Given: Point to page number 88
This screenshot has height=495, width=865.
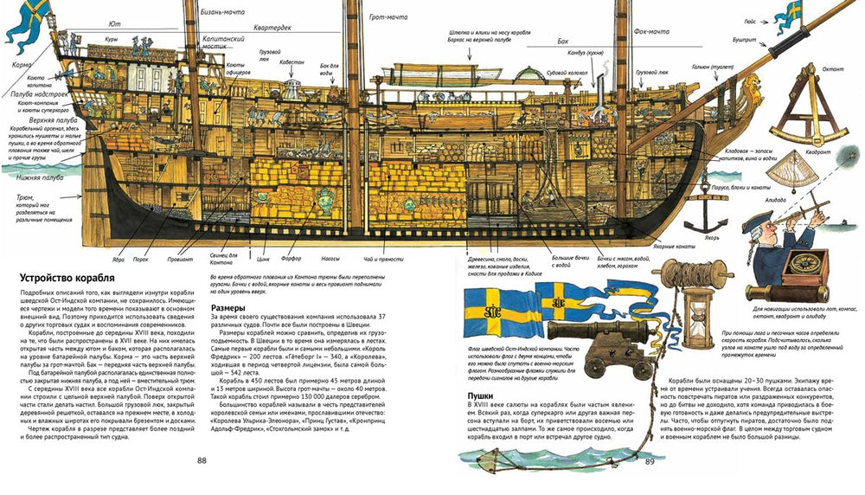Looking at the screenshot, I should point(202,460).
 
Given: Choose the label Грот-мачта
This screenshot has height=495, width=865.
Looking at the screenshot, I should point(392,16).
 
